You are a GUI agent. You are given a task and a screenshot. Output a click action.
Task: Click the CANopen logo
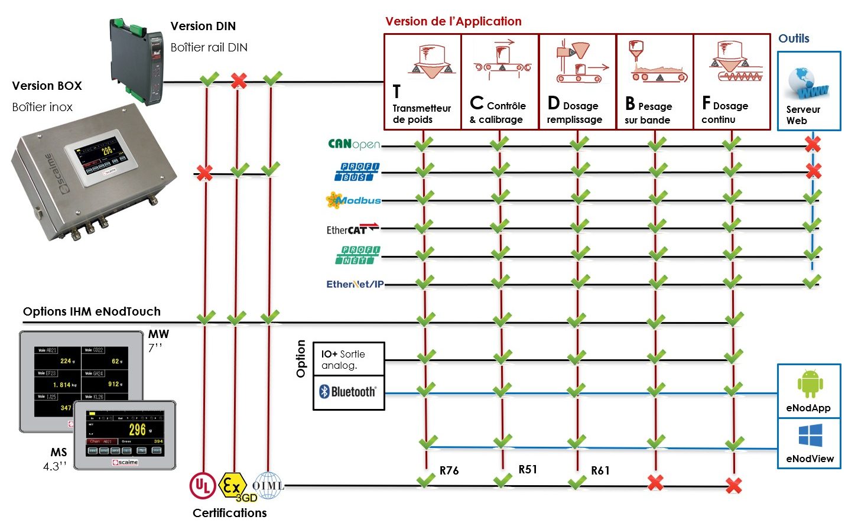coord(353,144)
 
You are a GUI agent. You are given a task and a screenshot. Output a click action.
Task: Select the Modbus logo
coord(353,200)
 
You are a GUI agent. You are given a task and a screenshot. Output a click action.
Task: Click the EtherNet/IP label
coord(355,284)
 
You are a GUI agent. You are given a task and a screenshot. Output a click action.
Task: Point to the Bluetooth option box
coord(349,392)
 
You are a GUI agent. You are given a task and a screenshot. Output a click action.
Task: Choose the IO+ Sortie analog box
coord(349,359)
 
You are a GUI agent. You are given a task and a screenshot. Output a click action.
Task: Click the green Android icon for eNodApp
coord(810,385)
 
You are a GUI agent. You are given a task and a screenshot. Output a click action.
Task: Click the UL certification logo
coord(202,486)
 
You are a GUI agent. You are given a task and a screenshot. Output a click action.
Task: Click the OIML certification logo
coord(268,485)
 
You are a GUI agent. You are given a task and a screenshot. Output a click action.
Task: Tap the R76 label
coord(449,470)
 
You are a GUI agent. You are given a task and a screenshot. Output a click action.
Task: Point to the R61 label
coord(600,470)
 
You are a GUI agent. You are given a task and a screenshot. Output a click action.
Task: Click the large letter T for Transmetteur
coord(396,92)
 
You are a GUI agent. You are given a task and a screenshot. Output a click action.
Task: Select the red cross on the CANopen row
coord(813,144)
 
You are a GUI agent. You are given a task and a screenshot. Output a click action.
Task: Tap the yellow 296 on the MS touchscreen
coord(137,430)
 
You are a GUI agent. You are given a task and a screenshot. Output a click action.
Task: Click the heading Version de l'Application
coord(453,21)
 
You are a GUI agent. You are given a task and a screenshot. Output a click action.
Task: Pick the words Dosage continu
coord(725,112)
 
